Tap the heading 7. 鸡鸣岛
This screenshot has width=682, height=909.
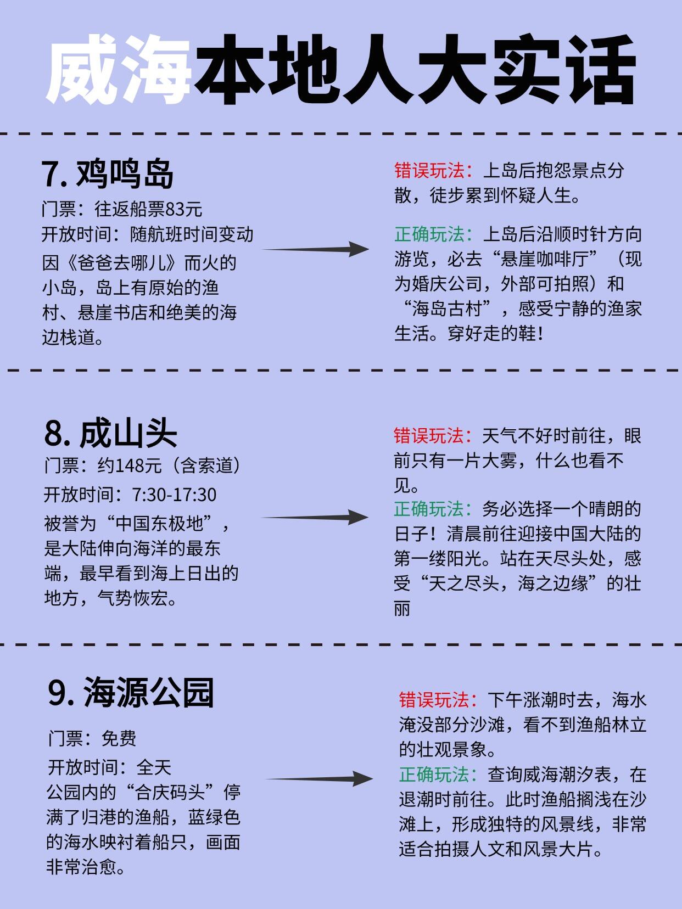pyautogui.click(x=108, y=174)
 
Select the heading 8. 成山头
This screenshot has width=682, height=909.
pyautogui.click(x=110, y=434)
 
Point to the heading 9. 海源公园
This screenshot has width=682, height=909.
pyautogui.click(x=131, y=693)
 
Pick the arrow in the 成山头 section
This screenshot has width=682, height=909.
pyautogui.click(x=314, y=517)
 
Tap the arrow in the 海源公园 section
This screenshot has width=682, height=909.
pyautogui.click(x=319, y=778)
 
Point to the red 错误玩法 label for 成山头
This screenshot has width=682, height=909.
pyautogui.click(x=433, y=436)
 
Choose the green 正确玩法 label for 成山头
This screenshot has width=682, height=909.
pyautogui.click(x=433, y=509)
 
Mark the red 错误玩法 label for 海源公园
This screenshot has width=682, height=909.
pyautogui.click(x=438, y=700)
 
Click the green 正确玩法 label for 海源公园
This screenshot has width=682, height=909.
pyautogui.click(x=438, y=775)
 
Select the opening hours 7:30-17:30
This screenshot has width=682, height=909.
pyautogui.click(x=174, y=495)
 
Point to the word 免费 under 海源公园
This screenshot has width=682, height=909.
pyautogui.click(x=119, y=738)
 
